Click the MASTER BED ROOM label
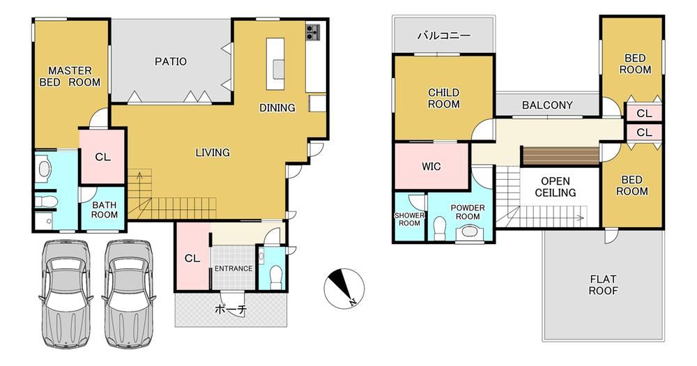70,77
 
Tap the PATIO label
171,61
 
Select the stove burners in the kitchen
312,32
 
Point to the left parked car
66,294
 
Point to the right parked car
128,294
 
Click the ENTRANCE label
233,268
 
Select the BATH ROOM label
105,210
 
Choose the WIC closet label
431,167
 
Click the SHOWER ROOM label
409,219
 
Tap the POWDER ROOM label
468,212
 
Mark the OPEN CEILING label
556,188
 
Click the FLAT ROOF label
603,285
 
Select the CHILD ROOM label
443,98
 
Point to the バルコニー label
443,35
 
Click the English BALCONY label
547,105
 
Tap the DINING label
277,107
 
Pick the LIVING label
213,153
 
